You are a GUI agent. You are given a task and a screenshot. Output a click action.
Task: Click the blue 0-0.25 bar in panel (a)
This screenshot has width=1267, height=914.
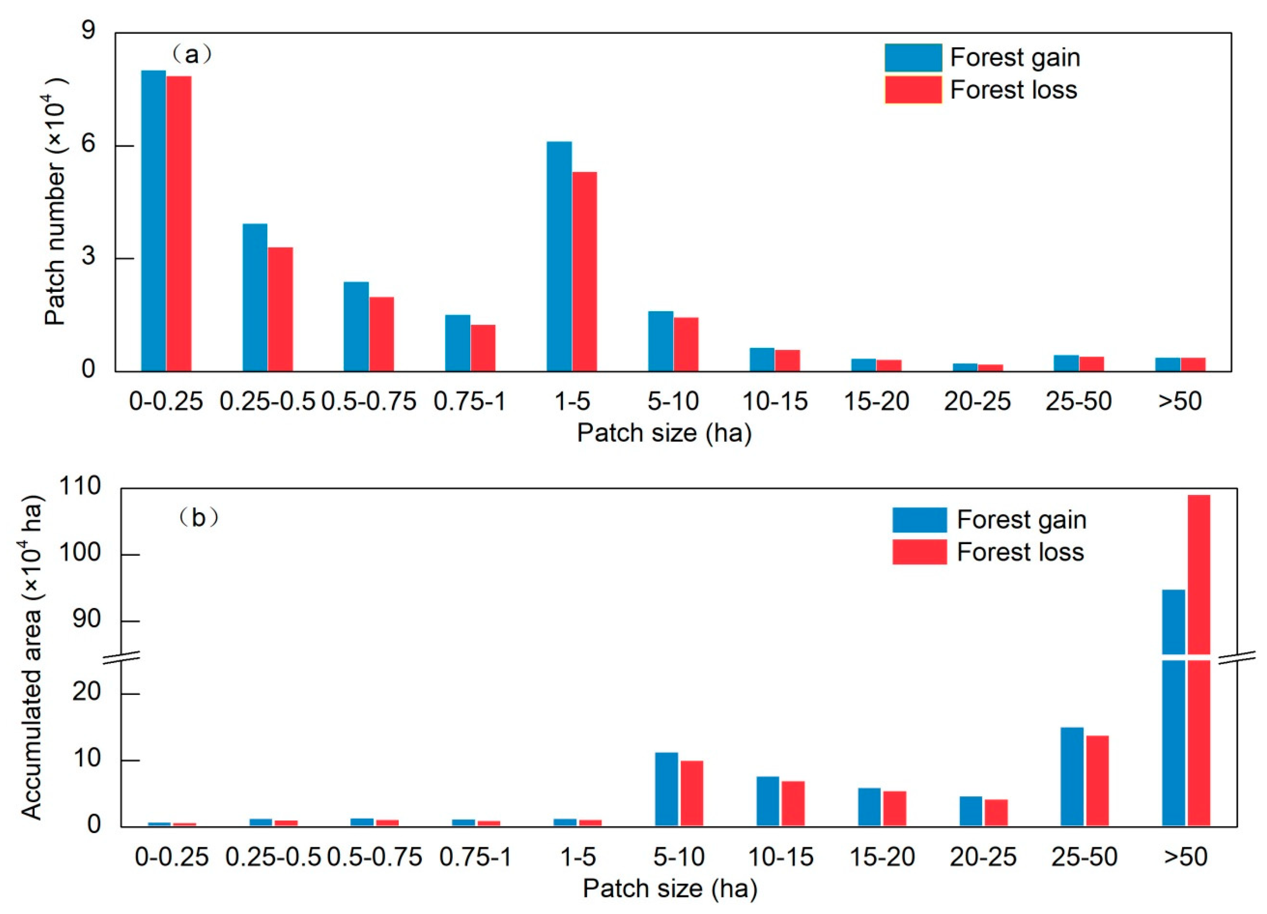[x=153, y=221]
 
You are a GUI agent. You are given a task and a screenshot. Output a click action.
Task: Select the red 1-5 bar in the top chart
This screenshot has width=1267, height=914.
[x=584, y=272]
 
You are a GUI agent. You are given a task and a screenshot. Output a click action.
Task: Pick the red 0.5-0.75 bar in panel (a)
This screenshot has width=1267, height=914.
[x=382, y=334]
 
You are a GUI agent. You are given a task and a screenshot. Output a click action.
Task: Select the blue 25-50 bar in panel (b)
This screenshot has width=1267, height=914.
[x=1072, y=776]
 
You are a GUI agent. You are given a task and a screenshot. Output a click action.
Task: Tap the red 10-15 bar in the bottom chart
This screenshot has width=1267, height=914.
[x=793, y=803]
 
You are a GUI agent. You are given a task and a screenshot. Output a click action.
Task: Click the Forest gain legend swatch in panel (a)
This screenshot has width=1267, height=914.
[x=913, y=58]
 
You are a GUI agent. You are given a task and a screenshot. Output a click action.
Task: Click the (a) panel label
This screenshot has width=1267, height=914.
[x=192, y=55]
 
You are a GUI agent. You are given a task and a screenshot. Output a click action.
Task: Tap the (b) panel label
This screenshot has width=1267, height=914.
[x=198, y=518]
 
